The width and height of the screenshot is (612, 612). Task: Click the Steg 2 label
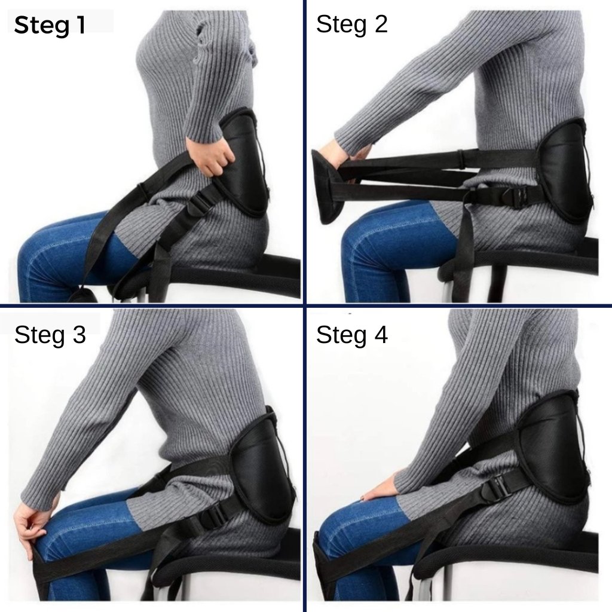coord(351,25)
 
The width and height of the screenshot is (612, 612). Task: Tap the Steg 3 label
coord(50,335)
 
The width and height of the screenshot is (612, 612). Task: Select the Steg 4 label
coord(351,335)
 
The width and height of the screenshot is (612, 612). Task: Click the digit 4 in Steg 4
coord(380,335)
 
